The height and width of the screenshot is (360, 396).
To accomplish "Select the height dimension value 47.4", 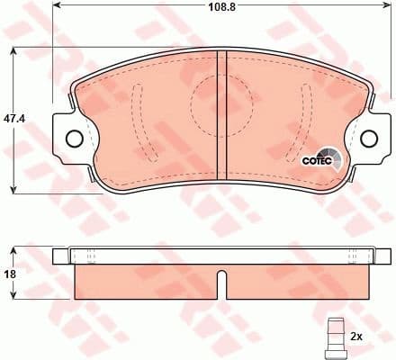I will coord(12,117).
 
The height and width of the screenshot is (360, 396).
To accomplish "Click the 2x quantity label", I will coord(355,337).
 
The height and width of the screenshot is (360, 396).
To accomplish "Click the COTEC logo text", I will coord(315,162).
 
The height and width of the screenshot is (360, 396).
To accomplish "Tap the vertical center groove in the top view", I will coord(222,117).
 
